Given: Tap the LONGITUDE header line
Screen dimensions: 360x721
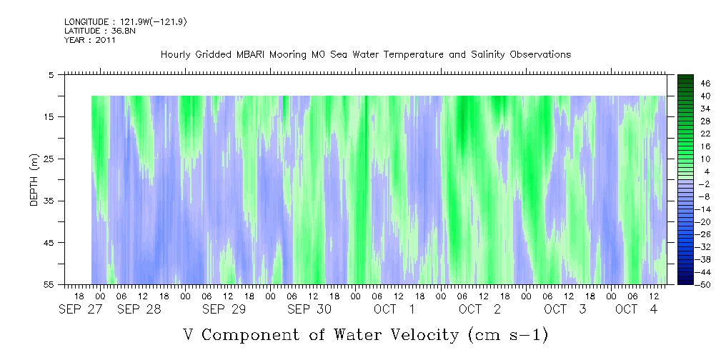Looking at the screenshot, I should point(125,22).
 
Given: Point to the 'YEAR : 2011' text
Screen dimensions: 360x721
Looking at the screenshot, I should point(90,40).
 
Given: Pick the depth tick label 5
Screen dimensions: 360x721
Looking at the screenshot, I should point(51,74).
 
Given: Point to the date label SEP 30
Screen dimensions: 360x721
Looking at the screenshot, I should point(309,309).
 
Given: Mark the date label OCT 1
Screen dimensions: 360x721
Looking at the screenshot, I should point(394,309).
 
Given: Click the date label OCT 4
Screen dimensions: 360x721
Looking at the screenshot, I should point(637,309).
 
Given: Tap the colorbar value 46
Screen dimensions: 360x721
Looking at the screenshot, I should point(705,83).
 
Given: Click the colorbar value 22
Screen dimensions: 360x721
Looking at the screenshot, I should point(705,134).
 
